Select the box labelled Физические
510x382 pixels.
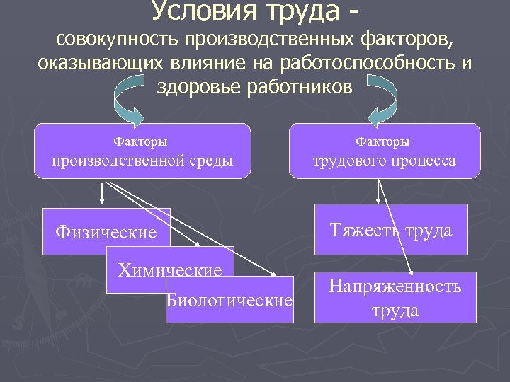[106, 231]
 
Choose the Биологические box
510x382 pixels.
[229, 300]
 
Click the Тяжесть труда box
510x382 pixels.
[390, 229]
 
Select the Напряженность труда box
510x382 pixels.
[395, 297]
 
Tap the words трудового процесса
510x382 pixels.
[385, 161]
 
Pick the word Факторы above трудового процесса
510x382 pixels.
[382, 141]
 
